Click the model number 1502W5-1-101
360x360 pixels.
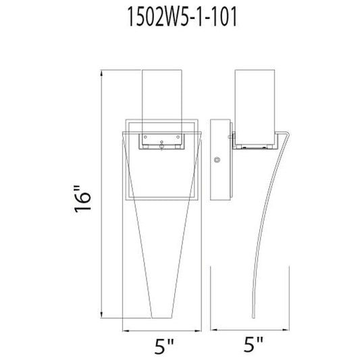182,17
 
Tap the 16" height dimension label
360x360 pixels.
83,199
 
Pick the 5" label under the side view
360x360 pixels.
253,344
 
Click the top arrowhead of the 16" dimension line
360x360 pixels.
101,73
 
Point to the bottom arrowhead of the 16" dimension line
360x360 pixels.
101,315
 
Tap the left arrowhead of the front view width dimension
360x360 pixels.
126,331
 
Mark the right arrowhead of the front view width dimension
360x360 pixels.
198,331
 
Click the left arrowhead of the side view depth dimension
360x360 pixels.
213,330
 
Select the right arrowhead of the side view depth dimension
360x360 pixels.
286,330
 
